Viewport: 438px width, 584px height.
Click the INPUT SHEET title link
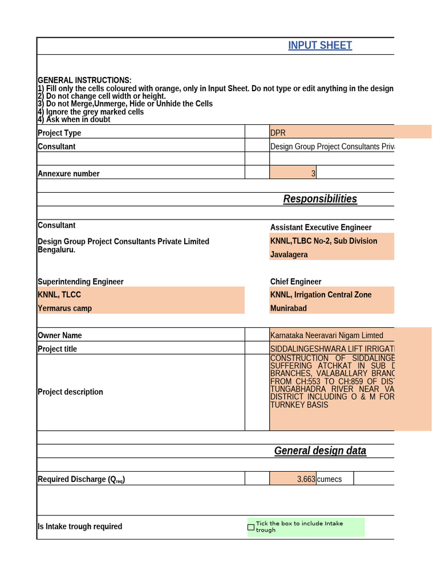[x=320, y=46]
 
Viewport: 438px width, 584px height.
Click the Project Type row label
[x=59, y=133]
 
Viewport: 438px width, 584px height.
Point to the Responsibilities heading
[x=320, y=199]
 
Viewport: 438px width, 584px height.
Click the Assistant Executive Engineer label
[x=321, y=228]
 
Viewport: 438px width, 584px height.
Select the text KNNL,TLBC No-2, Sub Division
[x=323, y=241]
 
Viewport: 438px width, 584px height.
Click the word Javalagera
[x=289, y=255]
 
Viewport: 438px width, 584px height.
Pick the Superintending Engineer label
[x=80, y=282]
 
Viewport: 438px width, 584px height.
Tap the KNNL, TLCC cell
[x=59, y=295]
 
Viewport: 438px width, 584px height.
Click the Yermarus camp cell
[x=64, y=309]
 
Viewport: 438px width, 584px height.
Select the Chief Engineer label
[x=295, y=282]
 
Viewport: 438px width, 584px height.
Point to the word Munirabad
[x=288, y=309]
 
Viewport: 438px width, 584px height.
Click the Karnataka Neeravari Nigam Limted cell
[x=327, y=335]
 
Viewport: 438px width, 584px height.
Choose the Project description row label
[x=70, y=392]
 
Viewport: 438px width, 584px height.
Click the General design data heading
[x=320, y=451]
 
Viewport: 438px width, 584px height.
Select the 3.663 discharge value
[x=306, y=479]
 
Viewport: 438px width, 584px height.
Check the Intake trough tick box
[x=251, y=527]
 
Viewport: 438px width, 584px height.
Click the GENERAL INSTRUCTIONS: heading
[x=84, y=80]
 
